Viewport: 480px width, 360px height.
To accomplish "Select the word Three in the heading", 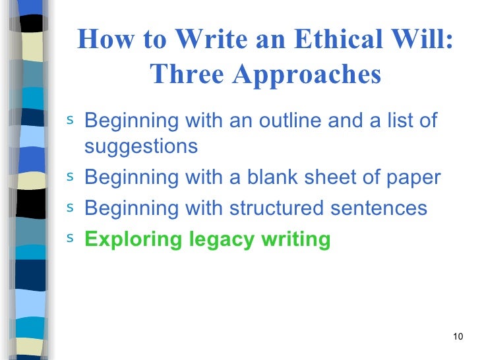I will click(185, 75).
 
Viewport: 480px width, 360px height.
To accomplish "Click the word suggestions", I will click(141, 146).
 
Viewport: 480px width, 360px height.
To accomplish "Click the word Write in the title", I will click(210, 42).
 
